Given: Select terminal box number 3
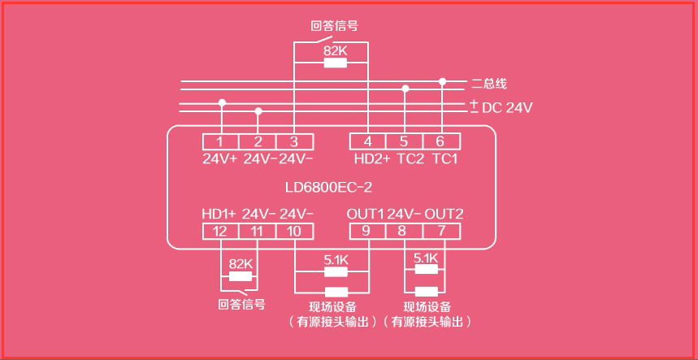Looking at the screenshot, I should point(294,141).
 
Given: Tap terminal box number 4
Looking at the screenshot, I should point(368,141).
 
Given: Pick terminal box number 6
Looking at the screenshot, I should point(441,141).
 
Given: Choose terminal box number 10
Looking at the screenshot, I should point(294,232).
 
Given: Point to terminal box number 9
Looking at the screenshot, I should point(367,232).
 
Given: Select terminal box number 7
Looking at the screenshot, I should point(441,232).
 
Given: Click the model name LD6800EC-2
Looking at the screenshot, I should point(328,187).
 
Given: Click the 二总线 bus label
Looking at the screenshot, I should point(489,84).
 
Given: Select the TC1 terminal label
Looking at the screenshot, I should point(444,158).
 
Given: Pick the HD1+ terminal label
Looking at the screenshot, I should point(219,214).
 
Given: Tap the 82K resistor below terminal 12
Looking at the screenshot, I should point(241,276).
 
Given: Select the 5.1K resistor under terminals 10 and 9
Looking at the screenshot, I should point(336,271).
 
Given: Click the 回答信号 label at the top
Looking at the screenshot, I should point(334,25).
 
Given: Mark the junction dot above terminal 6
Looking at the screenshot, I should point(442,81).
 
